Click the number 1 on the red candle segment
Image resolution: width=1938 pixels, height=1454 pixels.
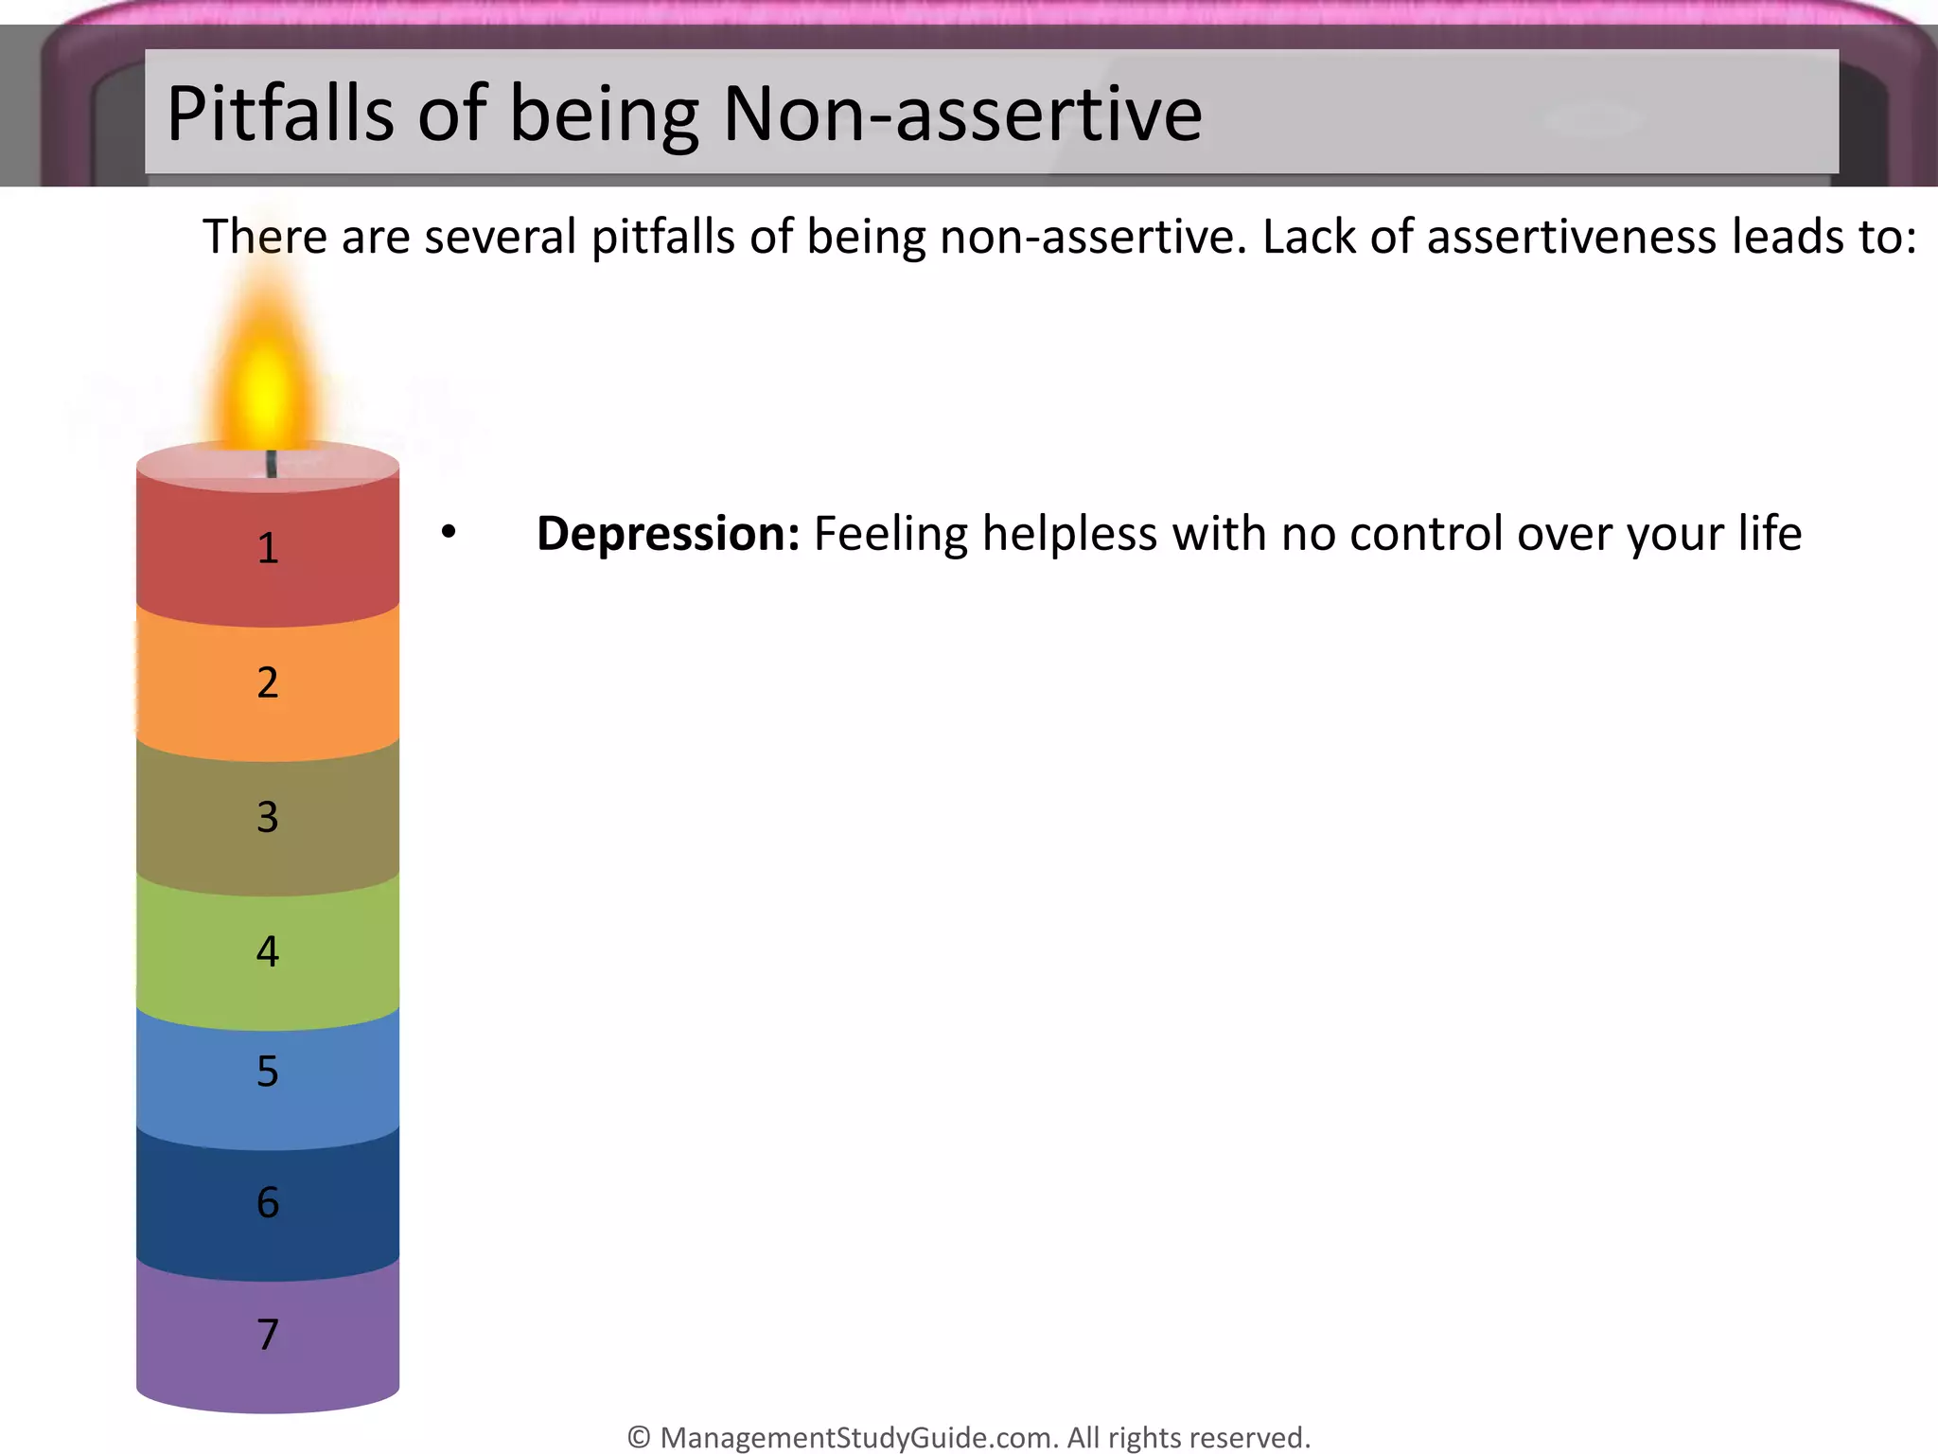[268, 548]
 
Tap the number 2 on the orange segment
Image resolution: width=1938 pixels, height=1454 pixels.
[268, 683]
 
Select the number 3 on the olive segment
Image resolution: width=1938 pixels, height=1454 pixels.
[268, 817]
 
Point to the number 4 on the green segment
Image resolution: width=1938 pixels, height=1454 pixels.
[268, 951]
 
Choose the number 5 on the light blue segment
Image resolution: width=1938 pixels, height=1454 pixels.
[268, 1072]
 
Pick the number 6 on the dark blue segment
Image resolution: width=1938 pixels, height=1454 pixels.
[268, 1202]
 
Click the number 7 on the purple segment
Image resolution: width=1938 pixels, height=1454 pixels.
[268, 1335]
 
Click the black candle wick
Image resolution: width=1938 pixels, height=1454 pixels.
[272, 464]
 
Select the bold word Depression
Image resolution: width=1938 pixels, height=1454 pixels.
[668, 534]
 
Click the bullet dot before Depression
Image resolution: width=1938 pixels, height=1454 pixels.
[449, 532]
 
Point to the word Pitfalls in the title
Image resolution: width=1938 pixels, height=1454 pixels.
[280, 114]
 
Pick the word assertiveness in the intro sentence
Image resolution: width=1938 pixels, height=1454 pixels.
[1572, 237]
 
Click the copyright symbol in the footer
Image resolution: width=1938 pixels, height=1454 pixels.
[639, 1438]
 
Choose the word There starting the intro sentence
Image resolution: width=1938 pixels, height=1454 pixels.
[264, 237]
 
